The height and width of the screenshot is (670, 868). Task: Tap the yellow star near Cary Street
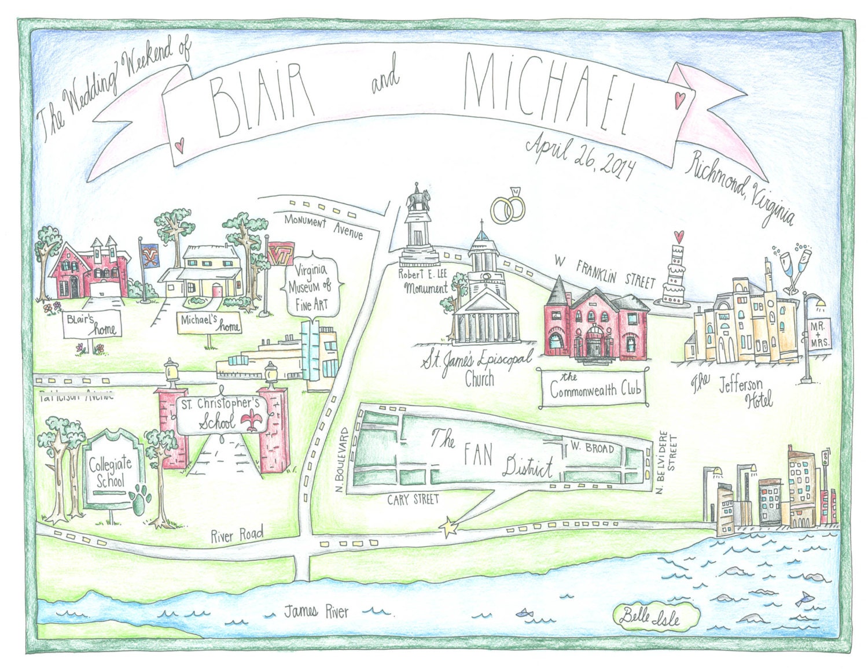(448, 527)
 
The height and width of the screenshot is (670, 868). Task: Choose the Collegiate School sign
(111, 471)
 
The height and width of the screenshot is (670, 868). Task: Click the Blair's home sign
(93, 325)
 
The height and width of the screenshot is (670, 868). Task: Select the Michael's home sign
(209, 324)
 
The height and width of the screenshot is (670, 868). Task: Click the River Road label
(237, 534)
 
